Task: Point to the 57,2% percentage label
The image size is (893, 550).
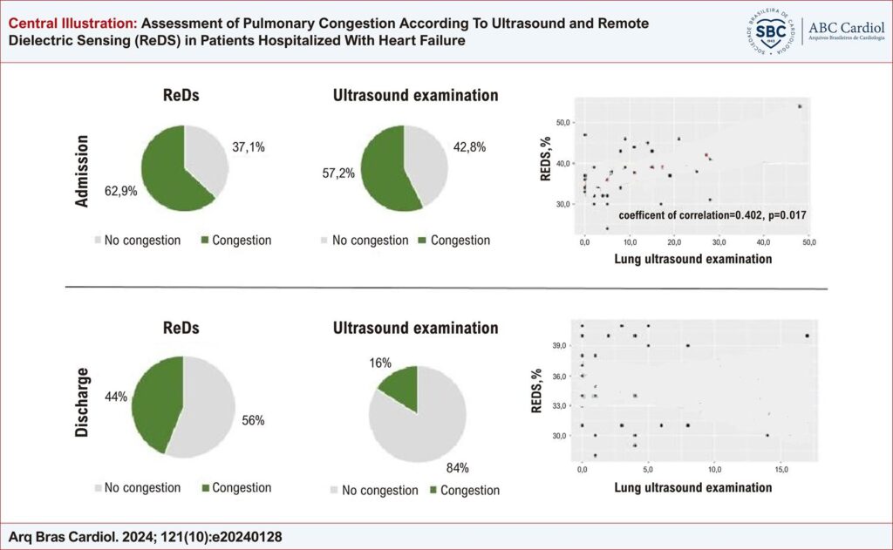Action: point(337,173)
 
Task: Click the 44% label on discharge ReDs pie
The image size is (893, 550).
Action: point(115,397)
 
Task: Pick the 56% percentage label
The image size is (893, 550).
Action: point(254,420)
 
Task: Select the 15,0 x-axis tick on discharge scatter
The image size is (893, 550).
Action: point(781,470)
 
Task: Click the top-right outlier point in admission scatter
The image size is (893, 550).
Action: point(800,106)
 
